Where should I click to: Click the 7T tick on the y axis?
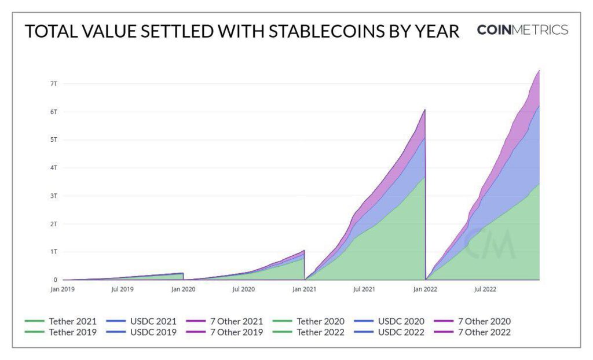[x=54, y=84]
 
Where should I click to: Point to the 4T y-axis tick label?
[x=54, y=168]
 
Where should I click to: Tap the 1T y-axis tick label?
[x=54, y=252]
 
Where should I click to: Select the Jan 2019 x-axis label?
[x=63, y=288]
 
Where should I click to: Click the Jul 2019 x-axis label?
[x=123, y=288]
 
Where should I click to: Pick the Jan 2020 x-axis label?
[x=184, y=288]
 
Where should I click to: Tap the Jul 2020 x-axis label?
[x=243, y=288]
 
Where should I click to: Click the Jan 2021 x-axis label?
[x=305, y=288]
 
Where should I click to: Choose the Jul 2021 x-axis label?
[x=364, y=288]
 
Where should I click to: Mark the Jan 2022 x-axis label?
[x=425, y=288]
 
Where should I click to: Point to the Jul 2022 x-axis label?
[x=485, y=288]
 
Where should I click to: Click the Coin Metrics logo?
[x=522, y=30]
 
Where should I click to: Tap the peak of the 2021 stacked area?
[x=424, y=109]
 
